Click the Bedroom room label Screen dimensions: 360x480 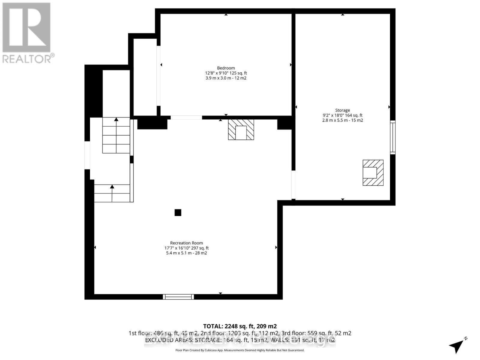click(x=226, y=68)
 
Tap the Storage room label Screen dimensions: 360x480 click(x=342, y=110)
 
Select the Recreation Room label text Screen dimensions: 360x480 click(x=186, y=243)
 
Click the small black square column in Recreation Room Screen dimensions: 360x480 click(x=178, y=213)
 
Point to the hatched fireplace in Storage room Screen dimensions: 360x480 click(x=373, y=173)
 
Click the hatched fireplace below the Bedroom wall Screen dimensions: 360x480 click(x=241, y=130)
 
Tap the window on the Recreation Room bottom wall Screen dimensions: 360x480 click(x=178, y=297)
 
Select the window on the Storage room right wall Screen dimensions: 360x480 click(x=392, y=137)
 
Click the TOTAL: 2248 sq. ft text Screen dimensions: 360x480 click(x=240, y=326)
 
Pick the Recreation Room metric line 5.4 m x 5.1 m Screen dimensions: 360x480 click(x=186, y=253)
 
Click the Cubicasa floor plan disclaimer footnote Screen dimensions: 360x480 click(x=240, y=350)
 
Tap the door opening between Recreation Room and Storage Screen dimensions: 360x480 click(x=293, y=184)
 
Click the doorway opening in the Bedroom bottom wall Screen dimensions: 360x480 click(x=186, y=118)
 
